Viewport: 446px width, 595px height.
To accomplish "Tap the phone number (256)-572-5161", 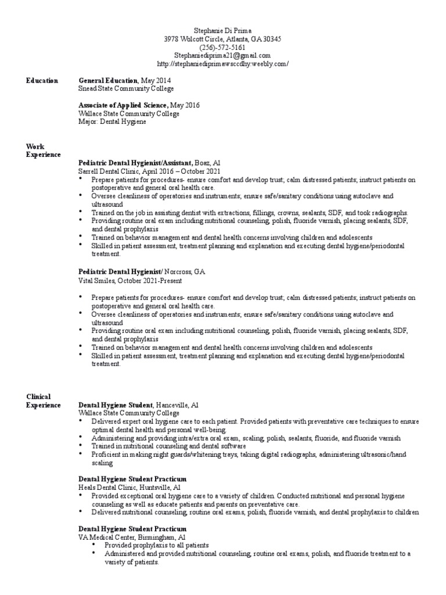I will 223,47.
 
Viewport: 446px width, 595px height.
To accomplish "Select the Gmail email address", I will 223,55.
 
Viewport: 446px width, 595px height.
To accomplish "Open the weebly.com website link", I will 223,63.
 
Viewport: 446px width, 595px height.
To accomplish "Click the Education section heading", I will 41,80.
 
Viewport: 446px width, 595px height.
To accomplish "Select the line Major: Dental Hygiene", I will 113,122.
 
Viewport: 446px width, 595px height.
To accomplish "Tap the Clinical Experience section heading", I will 43,400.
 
